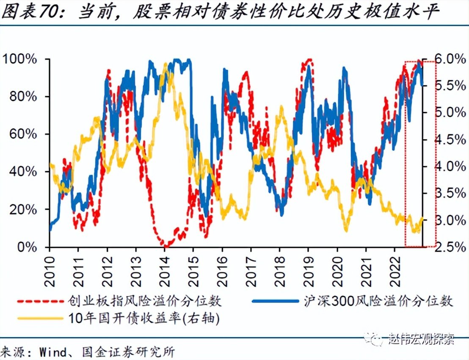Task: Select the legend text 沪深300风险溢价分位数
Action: [x=378, y=301]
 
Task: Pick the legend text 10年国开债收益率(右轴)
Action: [x=144, y=318]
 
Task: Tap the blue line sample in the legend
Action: [x=275, y=301]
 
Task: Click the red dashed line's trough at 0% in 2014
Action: [x=166, y=246]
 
